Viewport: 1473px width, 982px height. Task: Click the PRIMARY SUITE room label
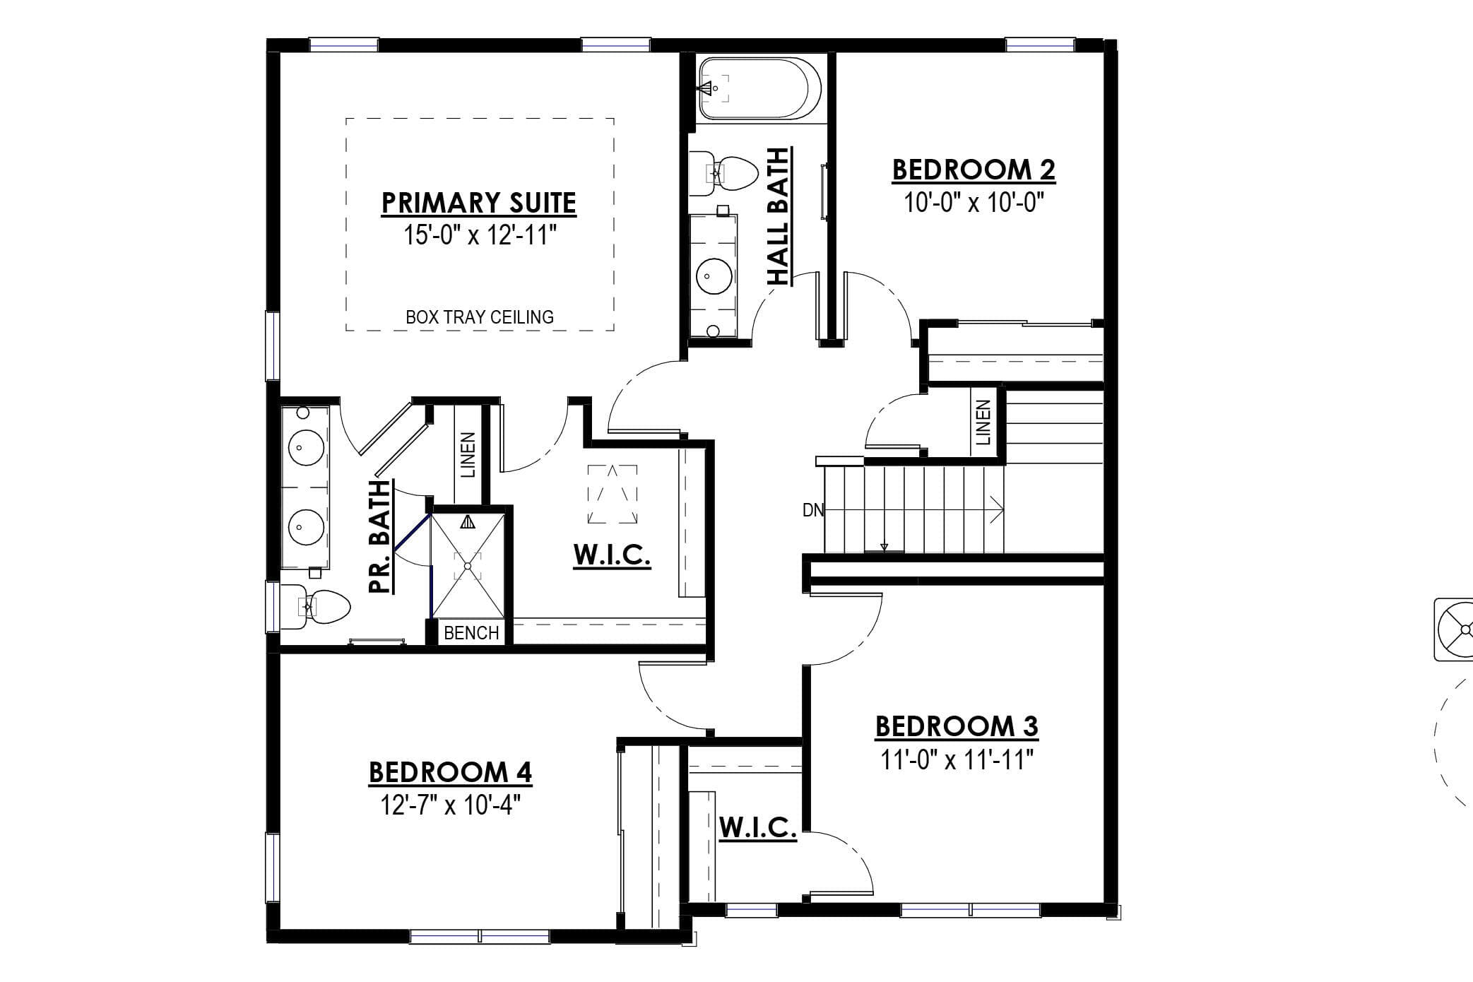[x=478, y=203]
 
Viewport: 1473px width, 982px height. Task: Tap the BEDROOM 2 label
[x=974, y=170]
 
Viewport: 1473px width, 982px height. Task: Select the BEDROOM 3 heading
[x=957, y=726]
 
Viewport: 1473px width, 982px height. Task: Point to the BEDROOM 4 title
[x=450, y=772]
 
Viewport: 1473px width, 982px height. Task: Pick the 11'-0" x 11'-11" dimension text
[x=957, y=760]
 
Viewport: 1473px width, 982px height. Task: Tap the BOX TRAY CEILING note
[x=480, y=317]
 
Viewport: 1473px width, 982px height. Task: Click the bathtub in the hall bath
[x=759, y=88]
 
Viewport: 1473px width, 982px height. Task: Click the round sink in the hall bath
[x=714, y=276]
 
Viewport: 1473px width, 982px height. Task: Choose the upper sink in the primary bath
[x=306, y=447]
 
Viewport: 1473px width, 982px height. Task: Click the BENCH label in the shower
[x=471, y=633]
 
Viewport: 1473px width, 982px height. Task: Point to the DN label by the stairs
[x=813, y=510]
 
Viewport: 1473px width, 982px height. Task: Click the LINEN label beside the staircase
[x=983, y=422]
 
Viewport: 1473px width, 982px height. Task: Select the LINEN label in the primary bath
[x=468, y=455]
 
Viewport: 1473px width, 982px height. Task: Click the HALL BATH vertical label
[x=779, y=216]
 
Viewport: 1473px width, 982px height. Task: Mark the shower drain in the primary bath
[x=467, y=566]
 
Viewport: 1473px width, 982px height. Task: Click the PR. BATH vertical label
[x=380, y=537]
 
